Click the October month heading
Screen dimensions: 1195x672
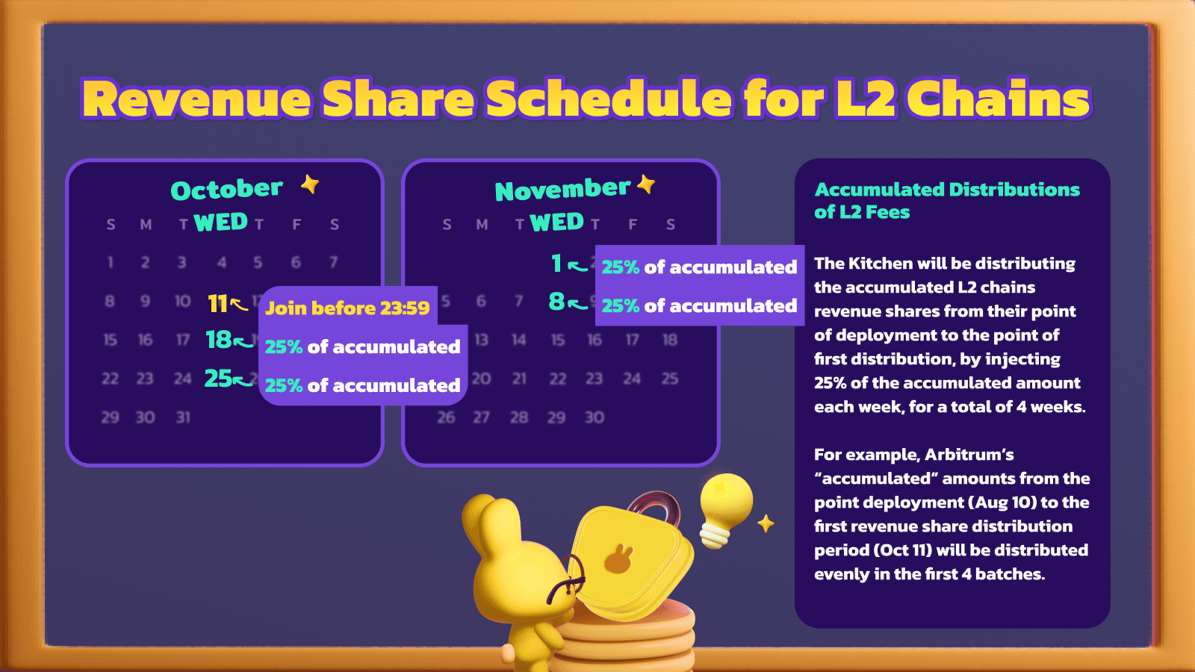click(x=227, y=190)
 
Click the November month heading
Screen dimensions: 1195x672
click(x=563, y=190)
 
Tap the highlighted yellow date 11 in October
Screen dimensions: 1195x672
click(x=217, y=303)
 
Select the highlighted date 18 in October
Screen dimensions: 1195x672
click(x=219, y=340)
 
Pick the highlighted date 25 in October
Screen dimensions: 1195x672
click(x=218, y=378)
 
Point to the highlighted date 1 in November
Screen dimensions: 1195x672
click(x=556, y=263)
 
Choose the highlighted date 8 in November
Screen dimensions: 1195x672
click(x=556, y=302)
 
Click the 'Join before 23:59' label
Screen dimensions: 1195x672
click(x=347, y=308)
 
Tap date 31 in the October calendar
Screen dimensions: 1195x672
click(x=183, y=417)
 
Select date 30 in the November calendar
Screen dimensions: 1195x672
click(x=595, y=417)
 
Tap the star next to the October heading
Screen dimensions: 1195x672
click(x=310, y=184)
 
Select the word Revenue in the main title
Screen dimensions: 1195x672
click(x=196, y=99)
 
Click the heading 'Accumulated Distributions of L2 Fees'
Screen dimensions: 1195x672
click(x=947, y=201)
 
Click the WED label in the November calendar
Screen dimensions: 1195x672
click(x=557, y=222)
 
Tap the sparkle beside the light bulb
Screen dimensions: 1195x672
click(x=766, y=523)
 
